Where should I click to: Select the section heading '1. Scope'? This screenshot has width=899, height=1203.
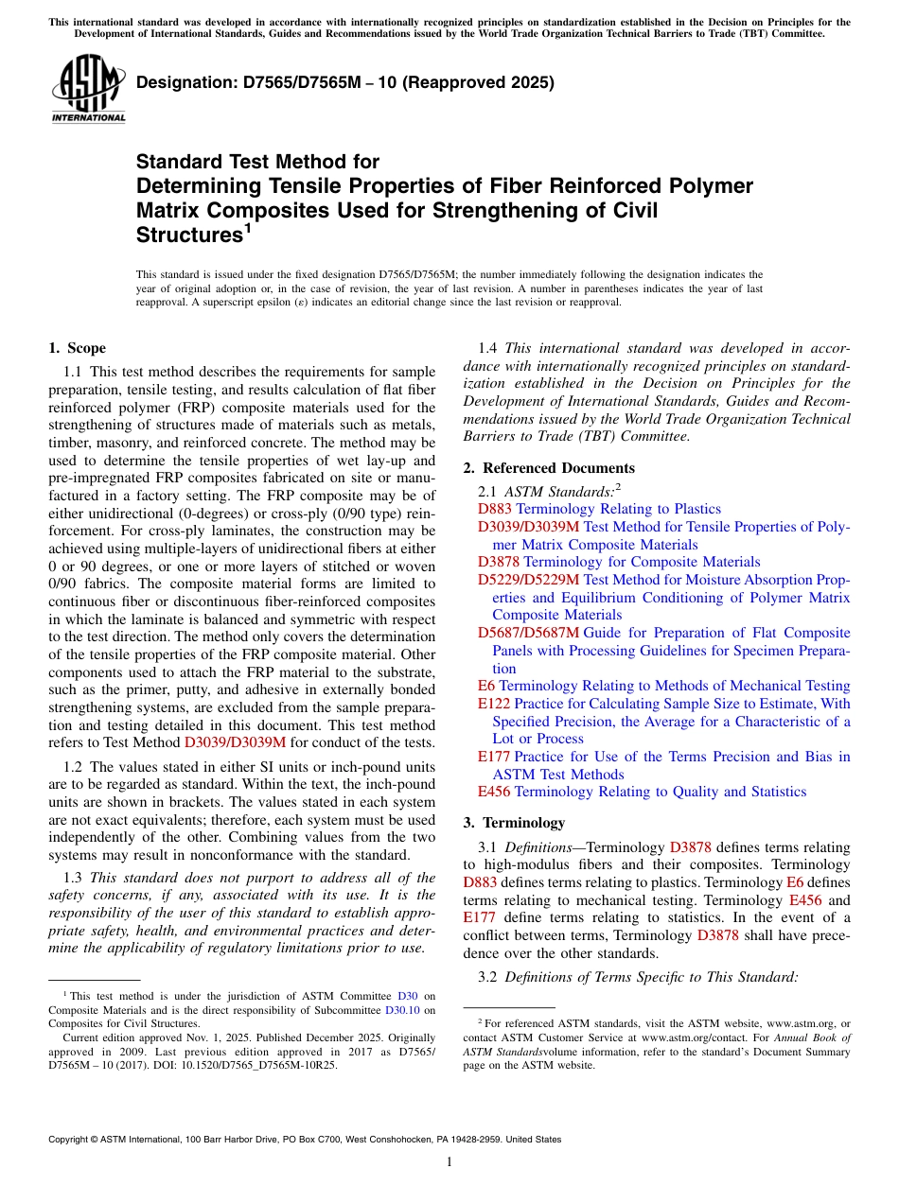coord(78,348)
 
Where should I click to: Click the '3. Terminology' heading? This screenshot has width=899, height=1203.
coord(523,822)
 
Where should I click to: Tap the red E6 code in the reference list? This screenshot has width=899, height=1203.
coord(486,686)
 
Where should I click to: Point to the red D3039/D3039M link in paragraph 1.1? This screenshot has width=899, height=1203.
coord(235,742)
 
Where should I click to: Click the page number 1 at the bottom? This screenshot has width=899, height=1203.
coord(449,1161)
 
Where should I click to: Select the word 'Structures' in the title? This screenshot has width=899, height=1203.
coord(185,235)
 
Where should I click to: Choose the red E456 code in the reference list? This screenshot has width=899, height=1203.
coord(495,792)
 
